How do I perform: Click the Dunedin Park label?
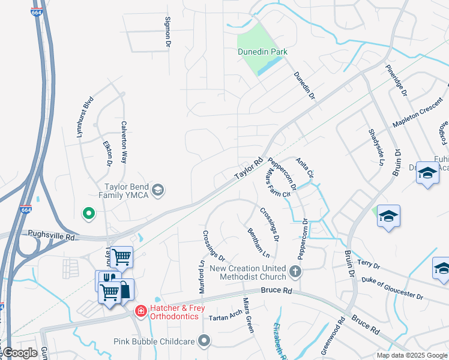click(x=262, y=52)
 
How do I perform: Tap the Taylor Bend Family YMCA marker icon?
click(x=158, y=191)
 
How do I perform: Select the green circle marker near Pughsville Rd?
click(x=89, y=212)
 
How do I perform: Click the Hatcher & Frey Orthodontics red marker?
click(x=140, y=311)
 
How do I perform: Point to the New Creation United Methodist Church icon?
click(x=295, y=272)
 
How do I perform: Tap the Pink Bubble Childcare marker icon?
click(x=204, y=341)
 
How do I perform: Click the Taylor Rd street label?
click(x=249, y=169)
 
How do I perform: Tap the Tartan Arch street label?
click(x=223, y=314)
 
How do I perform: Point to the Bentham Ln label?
click(x=258, y=242)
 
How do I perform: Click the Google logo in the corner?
click(x=19, y=353)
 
